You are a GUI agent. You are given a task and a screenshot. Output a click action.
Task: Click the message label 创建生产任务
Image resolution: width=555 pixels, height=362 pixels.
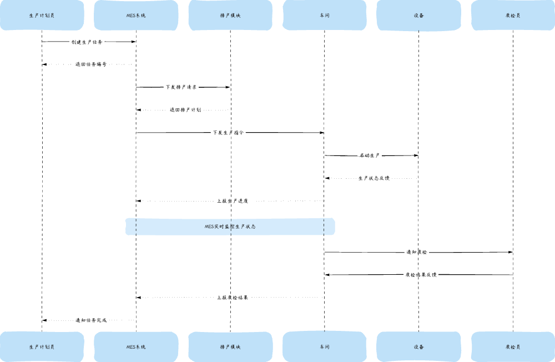87,42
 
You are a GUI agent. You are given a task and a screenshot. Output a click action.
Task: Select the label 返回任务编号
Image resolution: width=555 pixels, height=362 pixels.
91,64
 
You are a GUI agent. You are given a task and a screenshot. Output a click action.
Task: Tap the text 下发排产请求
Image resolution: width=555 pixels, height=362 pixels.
181,87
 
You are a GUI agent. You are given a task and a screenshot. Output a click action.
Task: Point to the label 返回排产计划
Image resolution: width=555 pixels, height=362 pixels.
185,110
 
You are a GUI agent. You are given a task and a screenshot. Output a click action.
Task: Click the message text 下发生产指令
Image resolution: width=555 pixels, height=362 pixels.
228,133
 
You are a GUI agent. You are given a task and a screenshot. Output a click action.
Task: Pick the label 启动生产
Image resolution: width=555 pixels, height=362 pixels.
370,155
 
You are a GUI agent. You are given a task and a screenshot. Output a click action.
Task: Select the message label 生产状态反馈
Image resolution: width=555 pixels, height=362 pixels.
374,178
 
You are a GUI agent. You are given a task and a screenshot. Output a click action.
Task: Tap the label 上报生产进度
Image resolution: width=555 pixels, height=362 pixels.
233,201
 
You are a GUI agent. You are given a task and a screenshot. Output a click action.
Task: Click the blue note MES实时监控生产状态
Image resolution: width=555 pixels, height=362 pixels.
230,227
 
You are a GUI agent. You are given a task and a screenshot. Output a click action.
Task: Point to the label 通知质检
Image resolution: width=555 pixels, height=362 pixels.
417,252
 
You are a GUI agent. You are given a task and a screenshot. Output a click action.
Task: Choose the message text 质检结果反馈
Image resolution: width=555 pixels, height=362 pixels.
421,275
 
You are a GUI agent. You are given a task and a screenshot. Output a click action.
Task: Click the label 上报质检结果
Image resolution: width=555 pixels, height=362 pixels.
233,298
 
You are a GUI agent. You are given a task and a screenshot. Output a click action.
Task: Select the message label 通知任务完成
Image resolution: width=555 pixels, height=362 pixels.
91,320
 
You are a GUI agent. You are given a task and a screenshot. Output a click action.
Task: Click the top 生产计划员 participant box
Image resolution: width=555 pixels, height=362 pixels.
42,15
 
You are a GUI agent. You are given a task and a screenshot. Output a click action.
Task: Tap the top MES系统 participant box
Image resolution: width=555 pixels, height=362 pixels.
136,15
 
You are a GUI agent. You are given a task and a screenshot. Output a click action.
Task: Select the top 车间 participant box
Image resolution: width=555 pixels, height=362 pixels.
325,15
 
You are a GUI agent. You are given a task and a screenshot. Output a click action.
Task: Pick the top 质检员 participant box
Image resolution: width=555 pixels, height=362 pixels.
513,15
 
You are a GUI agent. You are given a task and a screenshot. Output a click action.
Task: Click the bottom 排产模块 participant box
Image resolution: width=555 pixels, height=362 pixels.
230,347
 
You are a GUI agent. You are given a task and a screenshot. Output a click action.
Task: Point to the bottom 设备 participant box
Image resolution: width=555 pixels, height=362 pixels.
418,347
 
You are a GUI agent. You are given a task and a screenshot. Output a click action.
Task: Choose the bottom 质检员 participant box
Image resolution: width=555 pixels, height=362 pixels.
513,347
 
